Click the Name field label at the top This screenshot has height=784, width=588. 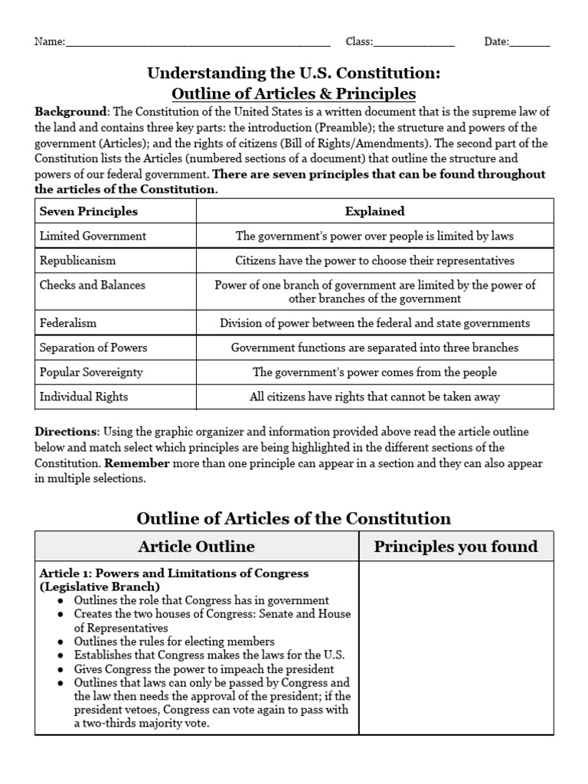(50, 42)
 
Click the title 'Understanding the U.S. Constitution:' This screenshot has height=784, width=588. (294, 73)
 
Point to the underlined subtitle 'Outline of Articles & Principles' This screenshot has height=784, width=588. (294, 93)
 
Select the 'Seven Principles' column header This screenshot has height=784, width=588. (88, 211)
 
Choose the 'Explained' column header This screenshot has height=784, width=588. (374, 211)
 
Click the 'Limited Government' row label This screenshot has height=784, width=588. (93, 236)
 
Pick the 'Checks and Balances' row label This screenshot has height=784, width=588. (92, 285)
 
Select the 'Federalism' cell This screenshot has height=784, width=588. (68, 323)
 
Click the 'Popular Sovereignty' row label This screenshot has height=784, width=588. (91, 372)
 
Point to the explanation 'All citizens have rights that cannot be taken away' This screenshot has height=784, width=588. (374, 397)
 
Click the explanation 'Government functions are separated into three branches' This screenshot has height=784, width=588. (374, 348)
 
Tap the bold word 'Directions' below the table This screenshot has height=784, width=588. (66, 432)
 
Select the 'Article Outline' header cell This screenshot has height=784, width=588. (196, 546)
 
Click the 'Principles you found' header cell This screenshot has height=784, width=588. (456, 546)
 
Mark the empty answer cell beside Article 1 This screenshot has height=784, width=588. (456, 648)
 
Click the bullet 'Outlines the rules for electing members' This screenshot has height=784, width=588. (174, 642)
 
